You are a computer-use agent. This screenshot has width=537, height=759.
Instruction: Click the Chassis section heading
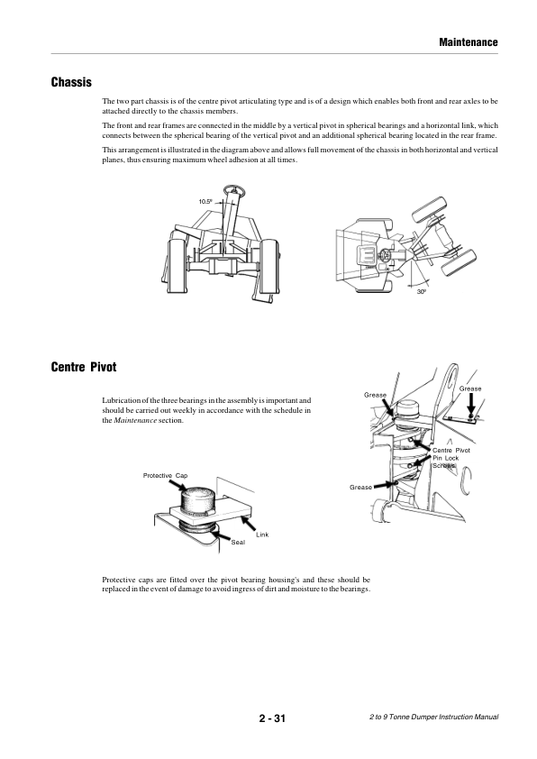[71, 82]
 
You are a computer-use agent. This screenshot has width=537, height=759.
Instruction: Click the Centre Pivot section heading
[84, 367]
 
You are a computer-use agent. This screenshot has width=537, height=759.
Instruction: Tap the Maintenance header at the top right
[469, 42]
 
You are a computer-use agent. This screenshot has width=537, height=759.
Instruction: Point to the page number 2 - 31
[272, 718]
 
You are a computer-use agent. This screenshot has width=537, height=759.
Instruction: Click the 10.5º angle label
[205, 201]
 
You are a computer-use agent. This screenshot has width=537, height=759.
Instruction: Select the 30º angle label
[422, 292]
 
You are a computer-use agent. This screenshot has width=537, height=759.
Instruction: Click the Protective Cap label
[165, 476]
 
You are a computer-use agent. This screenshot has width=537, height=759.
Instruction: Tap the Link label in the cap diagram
[262, 535]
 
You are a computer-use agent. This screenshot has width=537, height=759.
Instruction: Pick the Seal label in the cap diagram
[238, 542]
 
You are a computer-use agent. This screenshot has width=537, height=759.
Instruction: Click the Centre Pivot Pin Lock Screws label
[451, 458]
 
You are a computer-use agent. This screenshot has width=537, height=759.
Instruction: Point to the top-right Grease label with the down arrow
[470, 389]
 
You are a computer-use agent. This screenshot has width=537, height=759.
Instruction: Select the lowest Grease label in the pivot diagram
[361, 487]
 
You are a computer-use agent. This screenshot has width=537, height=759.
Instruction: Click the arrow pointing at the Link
[249, 523]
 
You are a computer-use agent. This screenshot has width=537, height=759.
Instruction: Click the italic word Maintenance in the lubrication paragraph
[135, 420]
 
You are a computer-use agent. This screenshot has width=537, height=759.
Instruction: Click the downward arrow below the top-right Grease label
[470, 404]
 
